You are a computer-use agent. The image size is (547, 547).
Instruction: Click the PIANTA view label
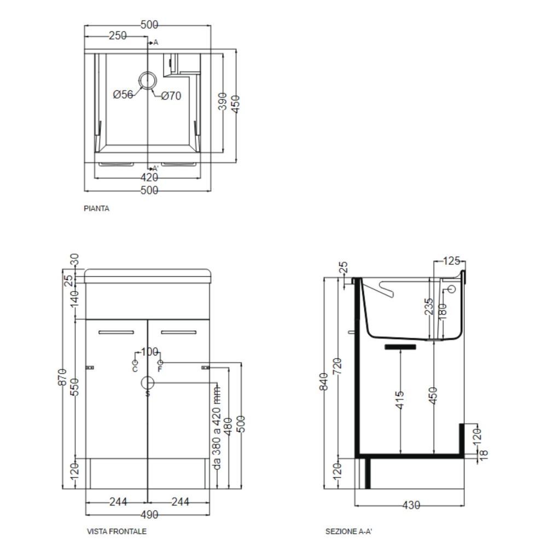96,208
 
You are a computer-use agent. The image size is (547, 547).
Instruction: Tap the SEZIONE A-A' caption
348,531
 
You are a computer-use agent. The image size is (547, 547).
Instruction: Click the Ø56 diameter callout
123,95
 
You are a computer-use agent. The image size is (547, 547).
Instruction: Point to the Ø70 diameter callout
171,96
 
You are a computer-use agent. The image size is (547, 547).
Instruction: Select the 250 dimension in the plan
118,36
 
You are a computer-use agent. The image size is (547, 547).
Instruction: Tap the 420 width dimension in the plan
149,178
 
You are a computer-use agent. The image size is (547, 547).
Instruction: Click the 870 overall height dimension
62,377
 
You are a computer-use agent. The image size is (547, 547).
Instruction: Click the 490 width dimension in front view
149,515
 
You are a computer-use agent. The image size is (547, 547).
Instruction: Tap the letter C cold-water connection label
135,369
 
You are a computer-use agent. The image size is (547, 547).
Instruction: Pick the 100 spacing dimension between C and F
149,352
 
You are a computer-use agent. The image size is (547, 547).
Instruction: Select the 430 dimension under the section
411,505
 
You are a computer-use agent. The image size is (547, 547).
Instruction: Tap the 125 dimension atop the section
451,261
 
